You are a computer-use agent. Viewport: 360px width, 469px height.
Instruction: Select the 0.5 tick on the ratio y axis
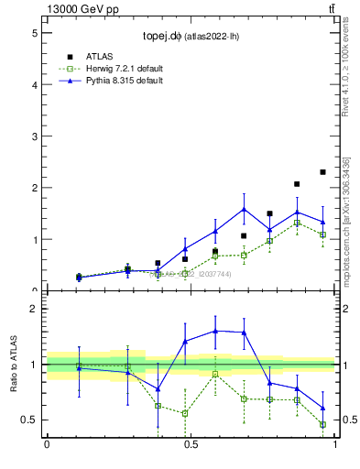pyautogui.click(x=31, y=420)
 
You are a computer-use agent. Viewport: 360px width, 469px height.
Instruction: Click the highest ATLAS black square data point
pyautogui.click(x=322, y=172)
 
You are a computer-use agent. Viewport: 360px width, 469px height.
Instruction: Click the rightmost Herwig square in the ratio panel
pyautogui.click(x=322, y=424)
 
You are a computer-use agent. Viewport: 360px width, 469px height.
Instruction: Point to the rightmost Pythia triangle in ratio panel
pyautogui.click(x=322, y=408)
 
